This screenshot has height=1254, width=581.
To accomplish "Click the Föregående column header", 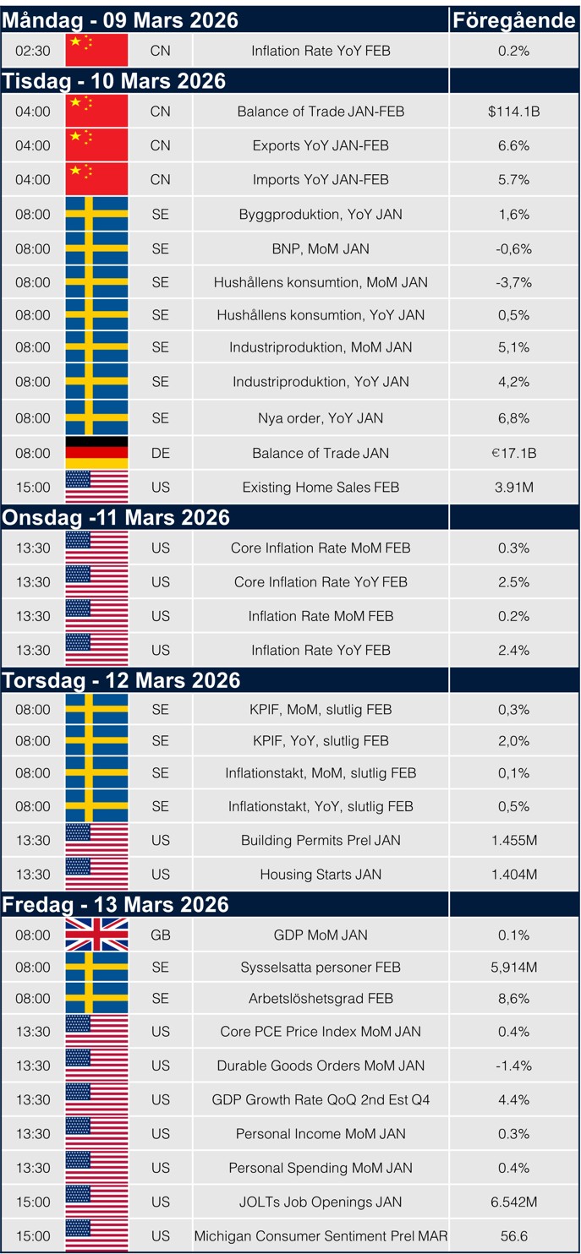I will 513,20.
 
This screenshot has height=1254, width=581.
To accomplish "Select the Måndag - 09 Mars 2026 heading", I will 120,20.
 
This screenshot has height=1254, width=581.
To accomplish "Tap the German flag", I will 96,453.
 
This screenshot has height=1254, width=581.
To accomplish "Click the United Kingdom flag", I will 96,935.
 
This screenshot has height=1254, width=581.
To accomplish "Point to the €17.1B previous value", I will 513,453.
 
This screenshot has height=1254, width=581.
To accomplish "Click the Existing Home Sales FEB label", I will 321,488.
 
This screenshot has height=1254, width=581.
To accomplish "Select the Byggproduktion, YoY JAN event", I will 321,215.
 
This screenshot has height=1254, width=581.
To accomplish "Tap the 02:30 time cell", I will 33,51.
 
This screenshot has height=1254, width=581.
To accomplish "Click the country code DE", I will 160,453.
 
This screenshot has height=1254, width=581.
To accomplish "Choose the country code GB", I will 160,935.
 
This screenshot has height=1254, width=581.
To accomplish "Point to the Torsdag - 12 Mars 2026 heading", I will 122,680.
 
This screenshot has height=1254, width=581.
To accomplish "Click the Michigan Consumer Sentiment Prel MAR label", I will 321,1236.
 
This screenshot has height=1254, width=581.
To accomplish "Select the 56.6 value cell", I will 513,1236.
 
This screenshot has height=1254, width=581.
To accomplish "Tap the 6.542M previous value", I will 513,1202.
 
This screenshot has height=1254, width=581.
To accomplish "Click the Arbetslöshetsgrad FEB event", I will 321,998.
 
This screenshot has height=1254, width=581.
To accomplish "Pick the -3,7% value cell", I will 513,282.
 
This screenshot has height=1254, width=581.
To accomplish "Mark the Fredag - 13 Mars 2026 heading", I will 116,904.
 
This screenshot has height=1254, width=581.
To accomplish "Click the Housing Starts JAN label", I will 321,875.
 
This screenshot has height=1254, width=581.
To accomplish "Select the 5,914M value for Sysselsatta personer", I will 513,967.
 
